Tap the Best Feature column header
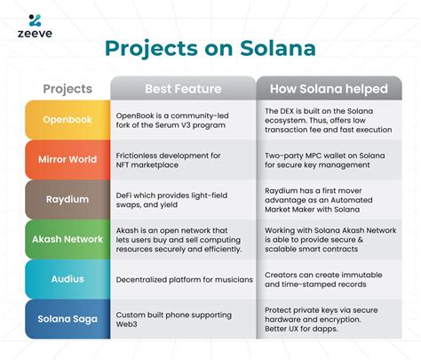point(182,89)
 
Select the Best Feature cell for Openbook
point(182,120)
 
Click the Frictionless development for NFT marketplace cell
point(182,160)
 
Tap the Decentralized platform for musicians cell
point(182,279)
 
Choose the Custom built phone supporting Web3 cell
point(182,318)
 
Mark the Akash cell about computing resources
point(182,240)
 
